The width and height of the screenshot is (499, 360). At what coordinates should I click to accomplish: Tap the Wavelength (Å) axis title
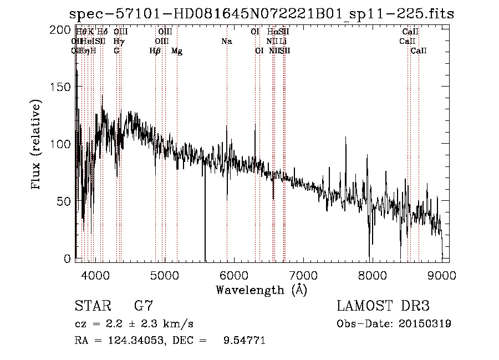261,290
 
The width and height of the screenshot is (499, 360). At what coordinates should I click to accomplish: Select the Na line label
226,42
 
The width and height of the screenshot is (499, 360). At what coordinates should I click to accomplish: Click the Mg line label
177,51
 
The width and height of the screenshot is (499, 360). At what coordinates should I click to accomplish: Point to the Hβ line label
155,51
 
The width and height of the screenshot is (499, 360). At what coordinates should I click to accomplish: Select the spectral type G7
144,306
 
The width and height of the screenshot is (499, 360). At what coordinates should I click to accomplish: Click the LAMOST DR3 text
383,306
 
